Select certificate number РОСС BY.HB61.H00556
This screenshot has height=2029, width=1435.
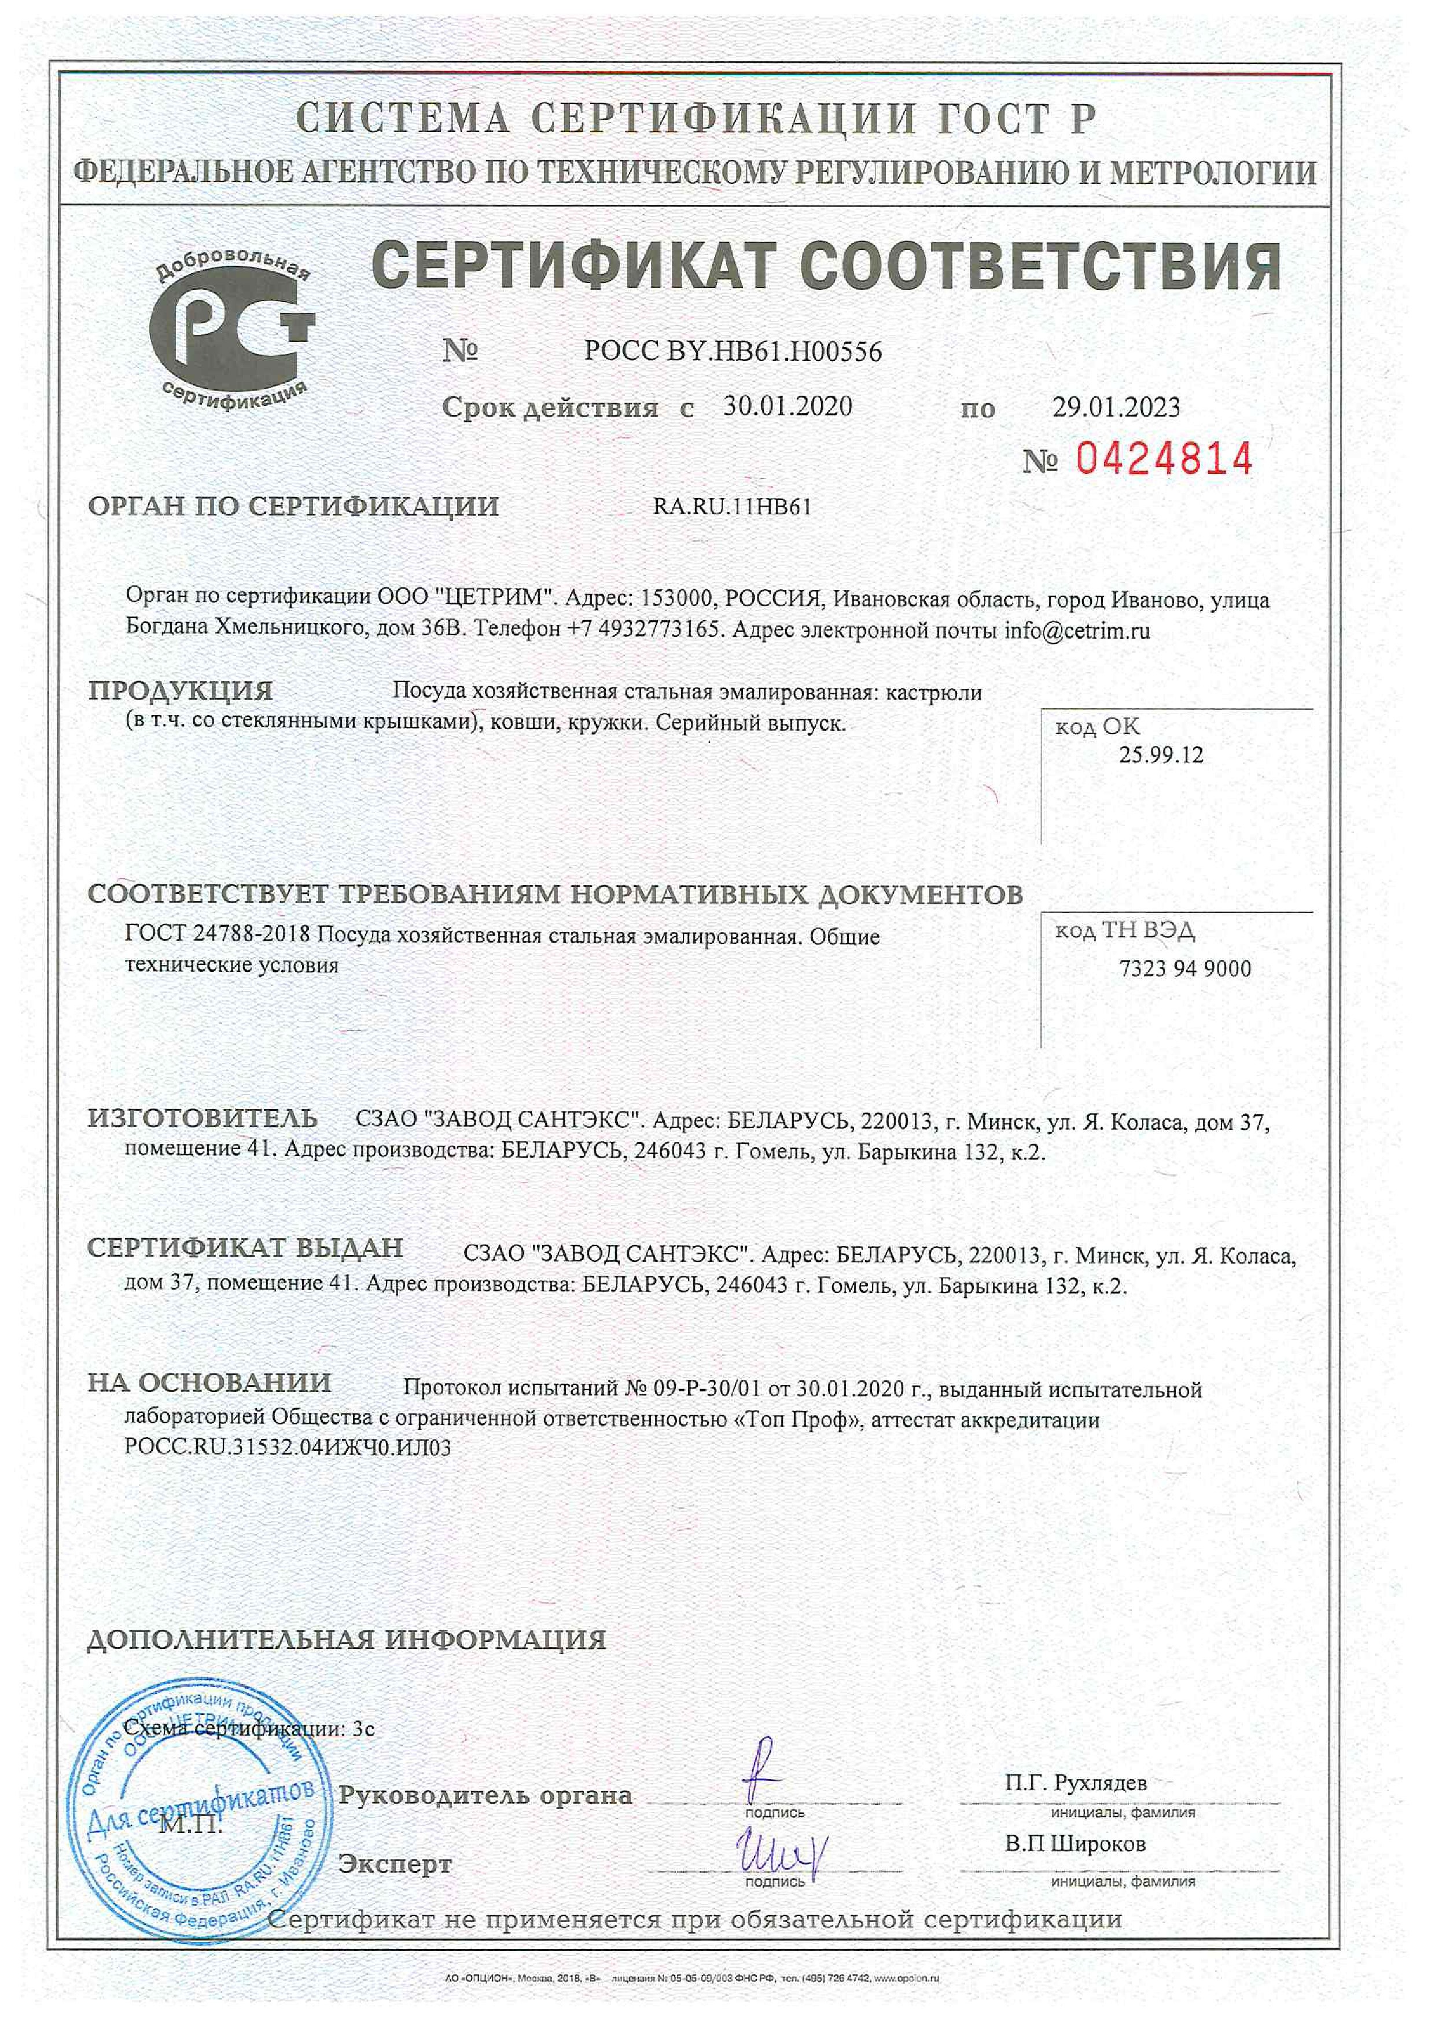pyautogui.click(x=733, y=352)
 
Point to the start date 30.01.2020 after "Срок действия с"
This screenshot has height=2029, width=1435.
pyautogui.click(x=788, y=407)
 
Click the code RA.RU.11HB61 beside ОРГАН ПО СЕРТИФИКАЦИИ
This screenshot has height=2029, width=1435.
pyautogui.click(x=731, y=507)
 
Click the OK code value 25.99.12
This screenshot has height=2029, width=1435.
pyautogui.click(x=1160, y=754)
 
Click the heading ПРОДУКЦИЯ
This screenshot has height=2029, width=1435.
pyautogui.click(x=181, y=690)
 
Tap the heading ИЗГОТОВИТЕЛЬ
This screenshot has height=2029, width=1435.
pyautogui.click(x=203, y=1118)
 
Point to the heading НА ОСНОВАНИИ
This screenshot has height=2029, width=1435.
pyautogui.click(x=209, y=1382)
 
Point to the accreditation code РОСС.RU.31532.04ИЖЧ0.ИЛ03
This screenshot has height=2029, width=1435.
pyautogui.click(x=288, y=1448)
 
